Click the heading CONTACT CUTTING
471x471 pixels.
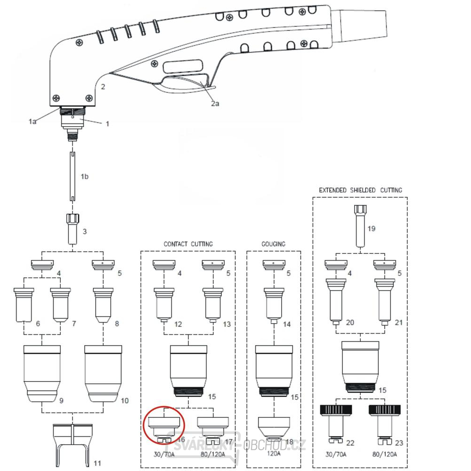188,244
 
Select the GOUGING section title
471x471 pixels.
273,244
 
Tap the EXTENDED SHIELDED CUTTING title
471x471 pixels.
360,190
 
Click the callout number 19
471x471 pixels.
371,229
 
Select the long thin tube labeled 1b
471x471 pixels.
73,176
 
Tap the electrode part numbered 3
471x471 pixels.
73,228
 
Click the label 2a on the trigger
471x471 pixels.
215,104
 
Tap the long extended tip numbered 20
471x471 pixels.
336,301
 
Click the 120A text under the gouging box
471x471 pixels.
273,454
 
